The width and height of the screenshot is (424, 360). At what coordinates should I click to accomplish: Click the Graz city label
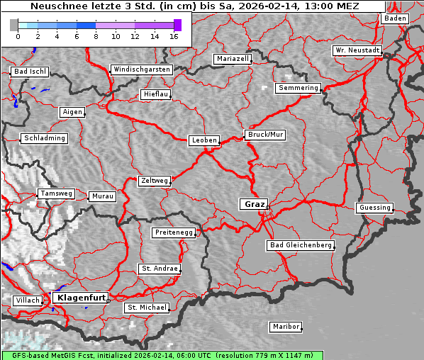click(x=254, y=204)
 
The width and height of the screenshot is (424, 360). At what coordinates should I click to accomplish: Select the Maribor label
click(x=286, y=327)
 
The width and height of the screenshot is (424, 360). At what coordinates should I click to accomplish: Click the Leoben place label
click(x=204, y=140)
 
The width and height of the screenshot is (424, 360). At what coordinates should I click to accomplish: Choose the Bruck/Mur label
click(x=265, y=134)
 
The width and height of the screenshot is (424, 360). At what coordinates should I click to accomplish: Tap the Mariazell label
click(x=233, y=59)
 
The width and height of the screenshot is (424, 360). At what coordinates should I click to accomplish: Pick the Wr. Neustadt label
click(x=357, y=51)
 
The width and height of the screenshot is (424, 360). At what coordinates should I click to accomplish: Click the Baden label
click(x=396, y=18)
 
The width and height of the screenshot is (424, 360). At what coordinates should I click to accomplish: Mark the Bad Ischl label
click(x=30, y=72)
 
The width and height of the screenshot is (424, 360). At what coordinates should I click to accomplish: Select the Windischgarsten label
click(x=141, y=69)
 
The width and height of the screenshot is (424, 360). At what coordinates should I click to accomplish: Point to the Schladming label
click(x=45, y=138)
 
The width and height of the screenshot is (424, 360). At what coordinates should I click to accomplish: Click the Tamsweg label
click(x=56, y=193)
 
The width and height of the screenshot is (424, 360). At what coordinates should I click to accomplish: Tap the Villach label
click(x=28, y=300)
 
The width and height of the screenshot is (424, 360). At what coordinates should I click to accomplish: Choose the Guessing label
click(x=374, y=208)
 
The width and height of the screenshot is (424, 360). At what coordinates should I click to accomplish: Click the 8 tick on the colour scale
click(x=96, y=36)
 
